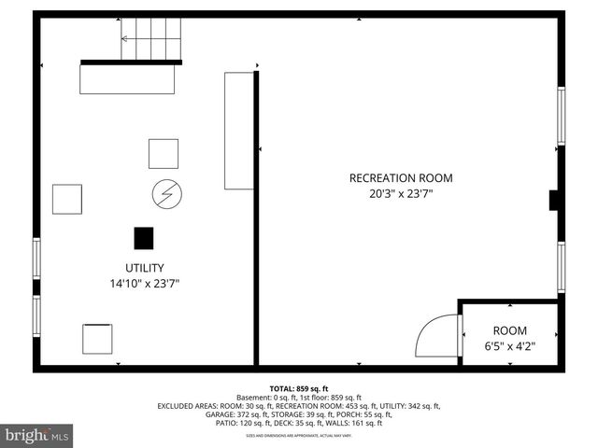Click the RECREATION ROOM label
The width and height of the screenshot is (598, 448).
point(400,178)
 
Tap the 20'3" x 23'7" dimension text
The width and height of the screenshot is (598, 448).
point(400,195)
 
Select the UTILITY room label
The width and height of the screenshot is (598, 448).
point(143,267)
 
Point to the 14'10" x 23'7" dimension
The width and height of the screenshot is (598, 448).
point(144,283)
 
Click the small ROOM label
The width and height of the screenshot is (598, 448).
point(509,330)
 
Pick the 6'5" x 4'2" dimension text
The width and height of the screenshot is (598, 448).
point(509,346)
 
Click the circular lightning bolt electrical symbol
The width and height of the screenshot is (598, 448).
point(167,194)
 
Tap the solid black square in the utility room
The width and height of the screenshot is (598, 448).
point(143,239)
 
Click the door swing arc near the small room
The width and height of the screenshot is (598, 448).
point(438,334)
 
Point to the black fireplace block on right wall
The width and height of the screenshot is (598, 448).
point(553,202)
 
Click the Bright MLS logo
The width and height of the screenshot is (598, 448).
point(37,435)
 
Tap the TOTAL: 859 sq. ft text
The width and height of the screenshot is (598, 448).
point(298,388)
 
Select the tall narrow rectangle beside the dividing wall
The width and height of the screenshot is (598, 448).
point(239,130)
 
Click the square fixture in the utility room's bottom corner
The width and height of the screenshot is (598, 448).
point(97,337)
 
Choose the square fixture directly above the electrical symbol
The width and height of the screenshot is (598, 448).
point(164,153)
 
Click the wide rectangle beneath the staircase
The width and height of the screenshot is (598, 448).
point(127,77)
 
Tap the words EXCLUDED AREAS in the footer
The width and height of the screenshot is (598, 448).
point(188,406)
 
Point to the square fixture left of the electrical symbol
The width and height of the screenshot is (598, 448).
point(67,200)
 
